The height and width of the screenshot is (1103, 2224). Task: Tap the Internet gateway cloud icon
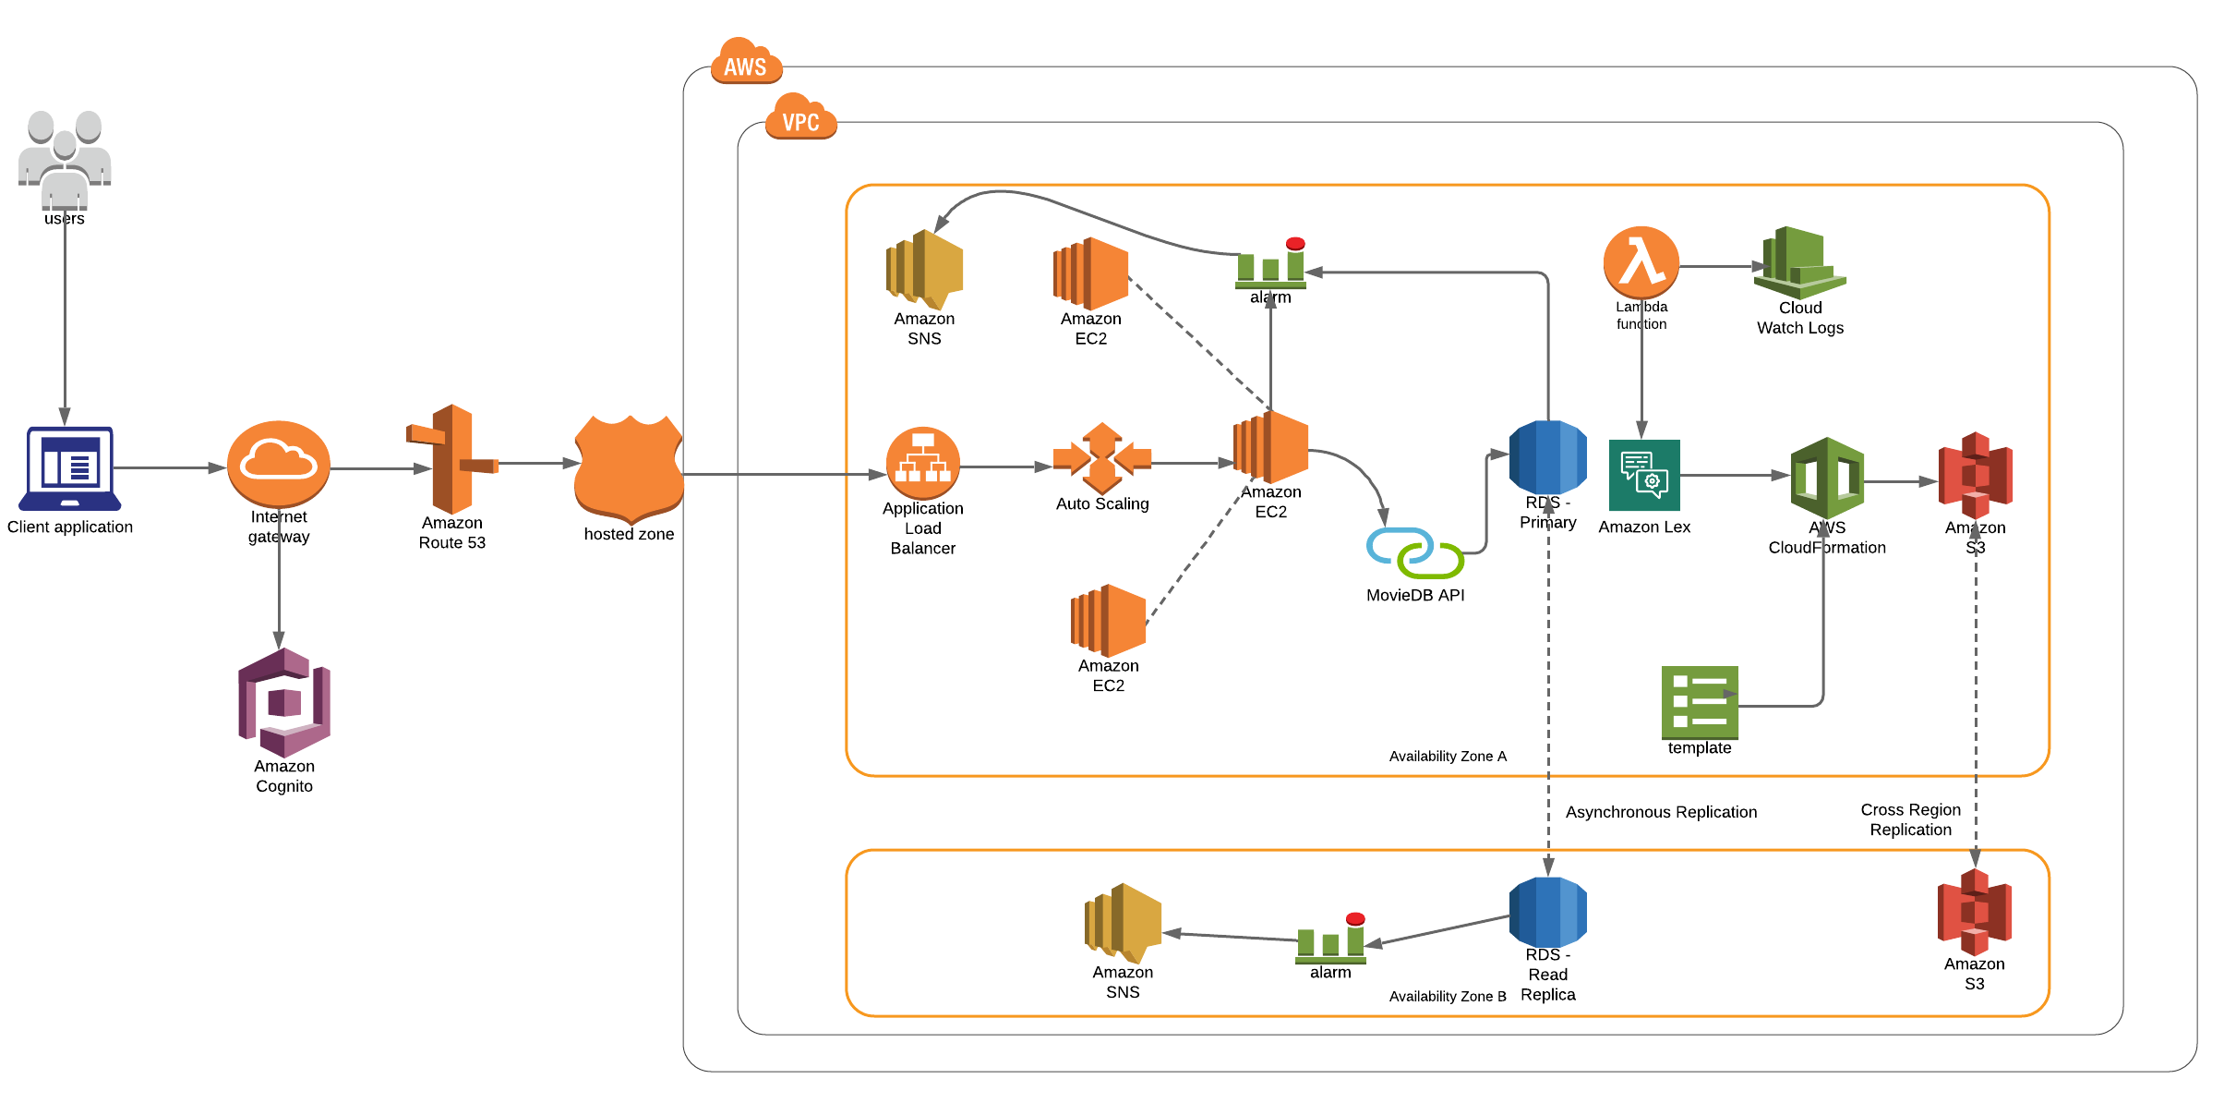[x=279, y=463]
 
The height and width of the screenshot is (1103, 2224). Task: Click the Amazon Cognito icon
[x=284, y=702]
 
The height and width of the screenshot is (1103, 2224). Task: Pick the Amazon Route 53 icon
[x=452, y=459]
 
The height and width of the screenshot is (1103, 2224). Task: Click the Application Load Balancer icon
[x=923, y=463]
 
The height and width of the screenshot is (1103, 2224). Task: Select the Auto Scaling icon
[x=1102, y=458]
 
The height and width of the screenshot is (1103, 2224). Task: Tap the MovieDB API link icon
[x=1414, y=552]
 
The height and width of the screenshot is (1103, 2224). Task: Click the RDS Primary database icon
[x=1548, y=457]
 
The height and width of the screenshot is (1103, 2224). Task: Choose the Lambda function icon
[x=1641, y=262]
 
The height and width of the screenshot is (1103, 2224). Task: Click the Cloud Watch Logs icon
[x=1800, y=262]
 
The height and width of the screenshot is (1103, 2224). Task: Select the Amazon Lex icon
[x=1644, y=476]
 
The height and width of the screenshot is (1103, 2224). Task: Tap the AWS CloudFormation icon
[x=1827, y=478]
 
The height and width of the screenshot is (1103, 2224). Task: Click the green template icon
[x=1700, y=703]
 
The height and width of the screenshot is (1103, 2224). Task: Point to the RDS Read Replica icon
[x=1548, y=912]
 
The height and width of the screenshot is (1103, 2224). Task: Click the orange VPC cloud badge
[x=800, y=118]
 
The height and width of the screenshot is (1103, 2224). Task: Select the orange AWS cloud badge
[x=746, y=63]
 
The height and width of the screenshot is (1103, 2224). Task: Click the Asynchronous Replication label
[x=1661, y=812]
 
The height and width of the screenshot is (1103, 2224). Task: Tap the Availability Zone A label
[x=1448, y=757]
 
